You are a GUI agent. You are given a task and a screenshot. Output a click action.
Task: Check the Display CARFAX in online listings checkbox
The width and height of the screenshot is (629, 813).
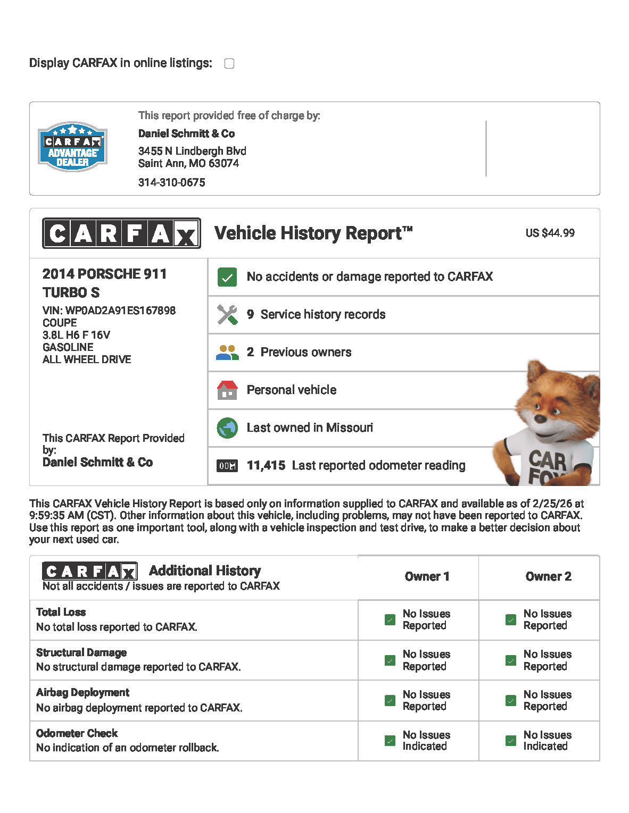pos(229,64)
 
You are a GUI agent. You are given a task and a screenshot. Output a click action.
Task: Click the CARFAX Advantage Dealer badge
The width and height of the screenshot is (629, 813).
pos(73,147)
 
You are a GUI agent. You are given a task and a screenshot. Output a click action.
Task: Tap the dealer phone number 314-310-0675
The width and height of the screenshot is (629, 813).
pos(171,182)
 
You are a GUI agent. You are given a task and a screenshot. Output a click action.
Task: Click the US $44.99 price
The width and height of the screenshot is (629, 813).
pos(550,233)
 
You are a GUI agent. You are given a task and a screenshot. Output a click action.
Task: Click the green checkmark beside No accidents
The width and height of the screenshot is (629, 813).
pos(227,277)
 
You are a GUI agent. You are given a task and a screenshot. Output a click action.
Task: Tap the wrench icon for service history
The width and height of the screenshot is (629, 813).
pos(227,315)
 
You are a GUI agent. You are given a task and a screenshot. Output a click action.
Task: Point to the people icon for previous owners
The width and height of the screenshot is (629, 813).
pos(227,352)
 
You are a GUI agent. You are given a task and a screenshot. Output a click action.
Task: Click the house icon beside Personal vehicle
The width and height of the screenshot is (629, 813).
pos(227,390)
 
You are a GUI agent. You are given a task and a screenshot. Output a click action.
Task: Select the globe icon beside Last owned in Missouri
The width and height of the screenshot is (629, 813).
pos(227,428)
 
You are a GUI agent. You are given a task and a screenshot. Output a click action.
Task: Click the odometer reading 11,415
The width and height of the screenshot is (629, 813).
pos(266,466)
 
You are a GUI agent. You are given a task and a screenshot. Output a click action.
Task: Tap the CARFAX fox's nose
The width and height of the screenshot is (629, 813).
pos(541,418)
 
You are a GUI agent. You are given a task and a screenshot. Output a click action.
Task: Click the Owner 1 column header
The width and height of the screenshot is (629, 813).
pos(427,577)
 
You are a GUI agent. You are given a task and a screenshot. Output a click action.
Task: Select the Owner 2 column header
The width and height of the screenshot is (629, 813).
pos(548,577)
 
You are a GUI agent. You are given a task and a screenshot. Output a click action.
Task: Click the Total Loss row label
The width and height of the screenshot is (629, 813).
pos(61,612)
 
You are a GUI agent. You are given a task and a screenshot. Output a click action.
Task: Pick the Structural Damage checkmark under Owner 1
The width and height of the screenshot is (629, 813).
pos(390,660)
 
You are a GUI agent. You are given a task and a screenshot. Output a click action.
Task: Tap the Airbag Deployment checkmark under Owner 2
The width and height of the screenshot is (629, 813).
pos(511,700)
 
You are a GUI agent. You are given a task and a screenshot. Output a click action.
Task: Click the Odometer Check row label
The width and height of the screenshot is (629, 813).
pos(77,733)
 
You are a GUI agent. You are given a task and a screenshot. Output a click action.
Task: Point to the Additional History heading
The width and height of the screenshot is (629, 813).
pos(205,571)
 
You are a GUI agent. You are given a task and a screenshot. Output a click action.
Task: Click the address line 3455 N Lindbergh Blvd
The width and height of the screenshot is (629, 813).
pos(192,151)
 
